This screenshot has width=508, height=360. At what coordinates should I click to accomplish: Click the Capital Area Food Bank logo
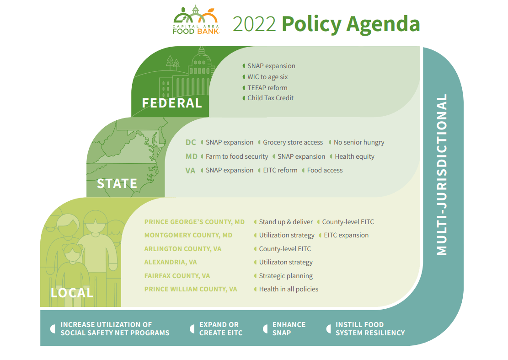coord(196,20)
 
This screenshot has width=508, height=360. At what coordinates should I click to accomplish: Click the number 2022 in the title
coord(254,24)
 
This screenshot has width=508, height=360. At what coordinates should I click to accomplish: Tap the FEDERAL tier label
coord(172,103)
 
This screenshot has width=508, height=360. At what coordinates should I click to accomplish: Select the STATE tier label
coord(117,183)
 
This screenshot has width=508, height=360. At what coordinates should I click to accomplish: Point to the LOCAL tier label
coord(72,293)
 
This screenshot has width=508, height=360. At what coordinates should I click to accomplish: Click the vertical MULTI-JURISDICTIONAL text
coord(442,175)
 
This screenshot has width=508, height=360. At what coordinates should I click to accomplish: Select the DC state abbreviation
coord(191,142)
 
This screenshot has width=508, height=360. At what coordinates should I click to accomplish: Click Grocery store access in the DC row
coord(293,142)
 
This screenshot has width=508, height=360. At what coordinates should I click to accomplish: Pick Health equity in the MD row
coord(354,156)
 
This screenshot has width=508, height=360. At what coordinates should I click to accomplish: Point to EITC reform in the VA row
coord(280,170)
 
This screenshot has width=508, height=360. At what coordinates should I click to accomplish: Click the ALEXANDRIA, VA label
coord(171,262)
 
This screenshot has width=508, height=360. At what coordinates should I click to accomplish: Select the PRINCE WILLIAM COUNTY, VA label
coord(191,289)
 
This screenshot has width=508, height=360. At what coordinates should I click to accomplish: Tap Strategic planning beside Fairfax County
coord(286,276)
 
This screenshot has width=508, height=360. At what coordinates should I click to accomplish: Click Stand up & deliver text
coord(286,222)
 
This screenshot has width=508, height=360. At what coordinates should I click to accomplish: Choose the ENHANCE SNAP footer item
coord(289,328)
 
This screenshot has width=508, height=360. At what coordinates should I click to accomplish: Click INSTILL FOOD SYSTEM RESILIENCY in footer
coord(370,328)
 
